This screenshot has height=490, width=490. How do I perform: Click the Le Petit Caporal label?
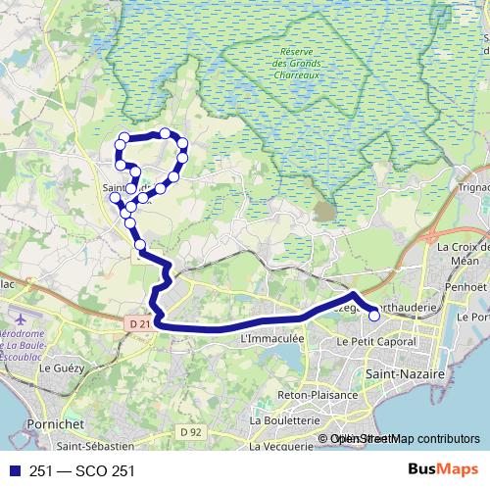[x=376, y=342]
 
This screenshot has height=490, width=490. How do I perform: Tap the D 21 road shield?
[x=140, y=323]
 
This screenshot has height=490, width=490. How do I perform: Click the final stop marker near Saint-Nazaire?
[x=373, y=316]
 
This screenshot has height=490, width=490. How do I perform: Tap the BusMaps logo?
[x=439, y=469]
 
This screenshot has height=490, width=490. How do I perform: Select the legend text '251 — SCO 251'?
[x=82, y=470]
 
